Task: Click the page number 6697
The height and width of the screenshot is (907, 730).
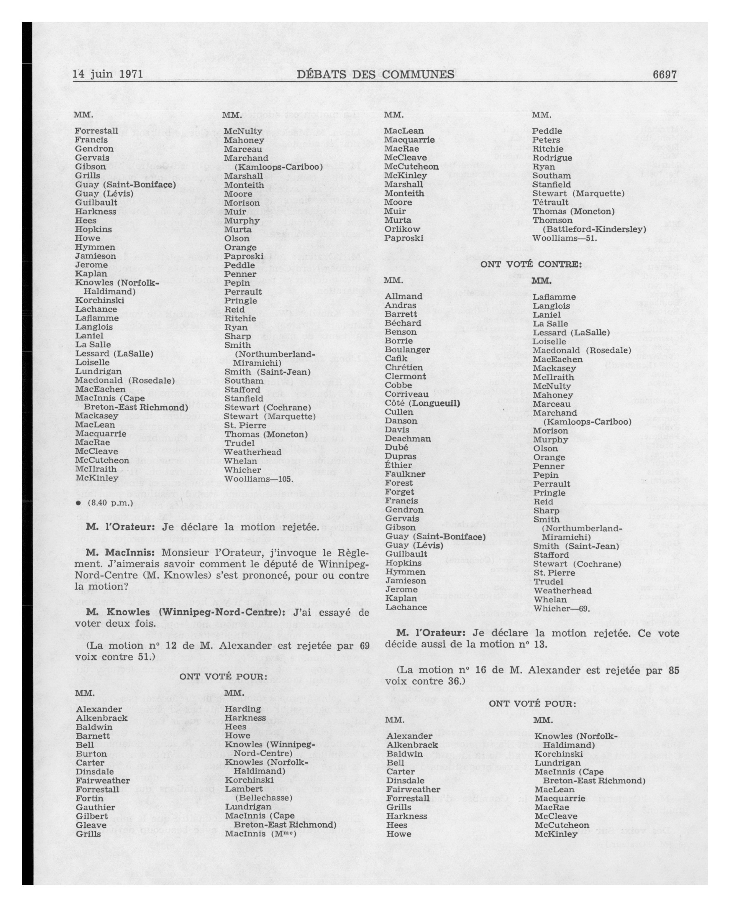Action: (x=664, y=75)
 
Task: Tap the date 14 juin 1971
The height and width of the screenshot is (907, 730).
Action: (x=108, y=75)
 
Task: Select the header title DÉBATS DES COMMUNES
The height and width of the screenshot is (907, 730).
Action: (x=375, y=75)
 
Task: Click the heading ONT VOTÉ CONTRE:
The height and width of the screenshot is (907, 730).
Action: (x=531, y=264)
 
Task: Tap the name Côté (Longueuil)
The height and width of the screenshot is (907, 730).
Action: (x=422, y=403)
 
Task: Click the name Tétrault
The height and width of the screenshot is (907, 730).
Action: (x=550, y=202)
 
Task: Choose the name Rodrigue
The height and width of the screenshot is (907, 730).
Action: (x=552, y=158)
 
